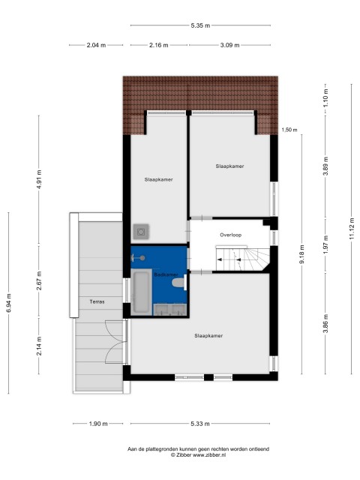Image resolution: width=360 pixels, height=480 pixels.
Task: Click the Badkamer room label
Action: pos(166,274)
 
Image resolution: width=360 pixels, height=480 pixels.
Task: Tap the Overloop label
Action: pos(230,235)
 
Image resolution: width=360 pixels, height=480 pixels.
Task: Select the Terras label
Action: pos(97,301)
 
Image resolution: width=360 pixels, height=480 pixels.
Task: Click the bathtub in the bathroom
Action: pos(142,292)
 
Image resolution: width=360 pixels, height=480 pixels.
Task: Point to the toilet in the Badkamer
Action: pos(179,282)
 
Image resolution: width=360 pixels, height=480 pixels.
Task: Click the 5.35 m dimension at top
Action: pos(200,25)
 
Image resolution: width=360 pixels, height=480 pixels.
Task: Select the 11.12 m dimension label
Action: pos(352,228)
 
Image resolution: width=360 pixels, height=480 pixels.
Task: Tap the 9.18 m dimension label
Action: pos(301,254)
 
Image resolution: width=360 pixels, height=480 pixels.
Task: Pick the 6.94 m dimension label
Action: pos(8,303)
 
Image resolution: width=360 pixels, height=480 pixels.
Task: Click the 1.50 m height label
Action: pos(289,130)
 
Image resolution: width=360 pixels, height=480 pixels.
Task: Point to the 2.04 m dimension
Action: pos(96,45)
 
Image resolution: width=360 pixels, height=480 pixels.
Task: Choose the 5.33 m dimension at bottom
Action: pos(200,424)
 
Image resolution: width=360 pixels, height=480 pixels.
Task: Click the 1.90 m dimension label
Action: pos(98,424)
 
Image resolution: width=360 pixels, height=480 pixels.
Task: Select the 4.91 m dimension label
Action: pos(39,179)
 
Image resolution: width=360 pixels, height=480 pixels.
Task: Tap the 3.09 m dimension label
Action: pos(229,45)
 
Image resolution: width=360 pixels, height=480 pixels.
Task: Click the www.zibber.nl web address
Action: pos(209,455)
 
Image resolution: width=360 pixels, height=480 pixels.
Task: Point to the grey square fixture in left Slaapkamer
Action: pos(141,232)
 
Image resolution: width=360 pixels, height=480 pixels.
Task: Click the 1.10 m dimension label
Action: pos(325,97)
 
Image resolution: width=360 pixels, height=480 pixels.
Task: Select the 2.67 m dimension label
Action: pos(39,281)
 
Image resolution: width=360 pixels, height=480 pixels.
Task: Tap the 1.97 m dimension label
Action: pos(325,244)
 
